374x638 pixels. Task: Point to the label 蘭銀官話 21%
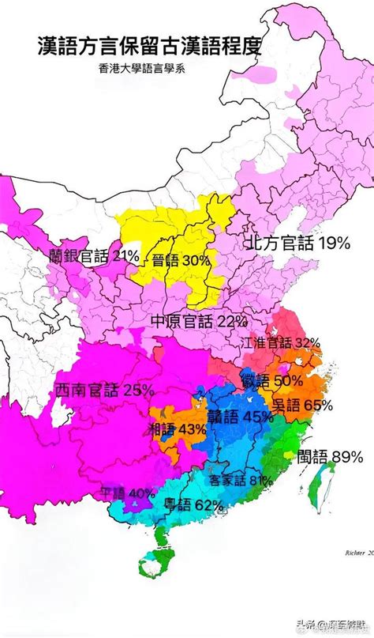coord(93,255)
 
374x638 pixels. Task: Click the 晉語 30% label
coord(181,260)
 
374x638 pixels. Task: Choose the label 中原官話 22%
coord(199,320)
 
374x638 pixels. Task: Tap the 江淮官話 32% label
coord(282,342)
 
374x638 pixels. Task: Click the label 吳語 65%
coord(302,406)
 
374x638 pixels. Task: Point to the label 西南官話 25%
coord(105,390)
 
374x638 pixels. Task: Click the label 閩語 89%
coord(330,456)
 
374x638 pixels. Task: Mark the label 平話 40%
coord(126,493)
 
